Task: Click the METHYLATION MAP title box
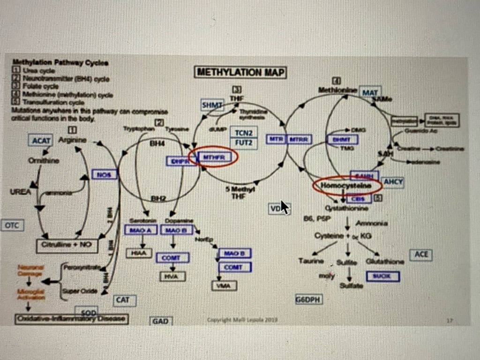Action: coord(240,73)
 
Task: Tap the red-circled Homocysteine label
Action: coord(347,186)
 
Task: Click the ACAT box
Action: coord(41,140)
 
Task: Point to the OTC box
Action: coord(12,225)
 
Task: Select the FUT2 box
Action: coord(244,142)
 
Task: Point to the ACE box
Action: coord(420,255)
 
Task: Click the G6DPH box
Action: coord(308,299)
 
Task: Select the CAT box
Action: coord(123,300)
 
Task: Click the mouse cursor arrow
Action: coord(284,207)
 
